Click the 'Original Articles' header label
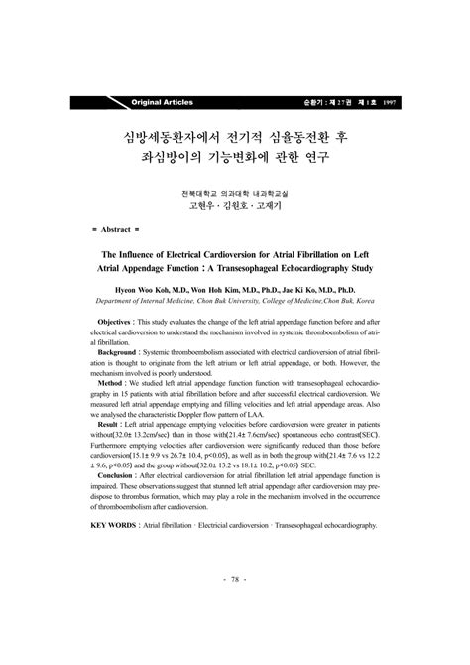[162, 103]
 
